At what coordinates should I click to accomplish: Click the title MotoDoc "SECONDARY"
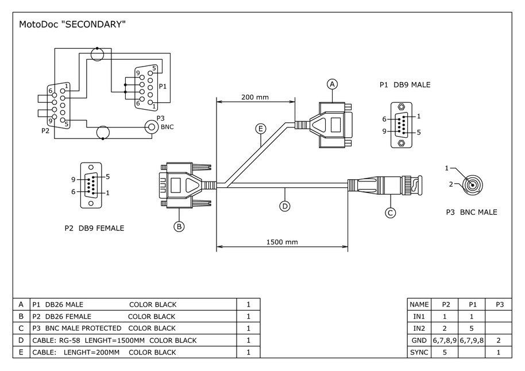pyautogui.click(x=72, y=25)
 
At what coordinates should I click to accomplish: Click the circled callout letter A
pyautogui.click(x=332, y=84)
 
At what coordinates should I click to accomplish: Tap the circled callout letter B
pyautogui.click(x=179, y=226)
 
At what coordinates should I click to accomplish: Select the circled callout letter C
pyautogui.click(x=391, y=212)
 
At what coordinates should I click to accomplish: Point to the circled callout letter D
pyautogui.click(x=284, y=205)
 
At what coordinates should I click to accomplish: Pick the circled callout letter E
pyautogui.click(x=261, y=129)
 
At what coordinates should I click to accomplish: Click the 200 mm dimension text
pyautogui.click(x=254, y=97)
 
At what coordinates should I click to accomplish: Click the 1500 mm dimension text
pyautogui.click(x=282, y=242)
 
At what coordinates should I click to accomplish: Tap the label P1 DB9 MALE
pyautogui.click(x=405, y=85)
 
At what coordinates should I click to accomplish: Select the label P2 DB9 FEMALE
pyautogui.click(x=94, y=228)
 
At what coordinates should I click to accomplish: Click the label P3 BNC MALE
pyautogui.click(x=472, y=212)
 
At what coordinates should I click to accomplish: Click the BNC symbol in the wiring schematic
pyautogui.click(x=152, y=126)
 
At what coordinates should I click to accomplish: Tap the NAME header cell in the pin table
pyautogui.click(x=419, y=304)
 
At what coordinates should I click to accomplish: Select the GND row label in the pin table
pyautogui.click(x=419, y=340)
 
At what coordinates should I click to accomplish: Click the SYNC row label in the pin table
pyautogui.click(x=419, y=352)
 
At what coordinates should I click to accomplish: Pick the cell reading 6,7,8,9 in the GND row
pyautogui.click(x=445, y=340)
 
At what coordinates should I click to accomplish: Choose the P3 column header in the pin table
pyautogui.click(x=499, y=304)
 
